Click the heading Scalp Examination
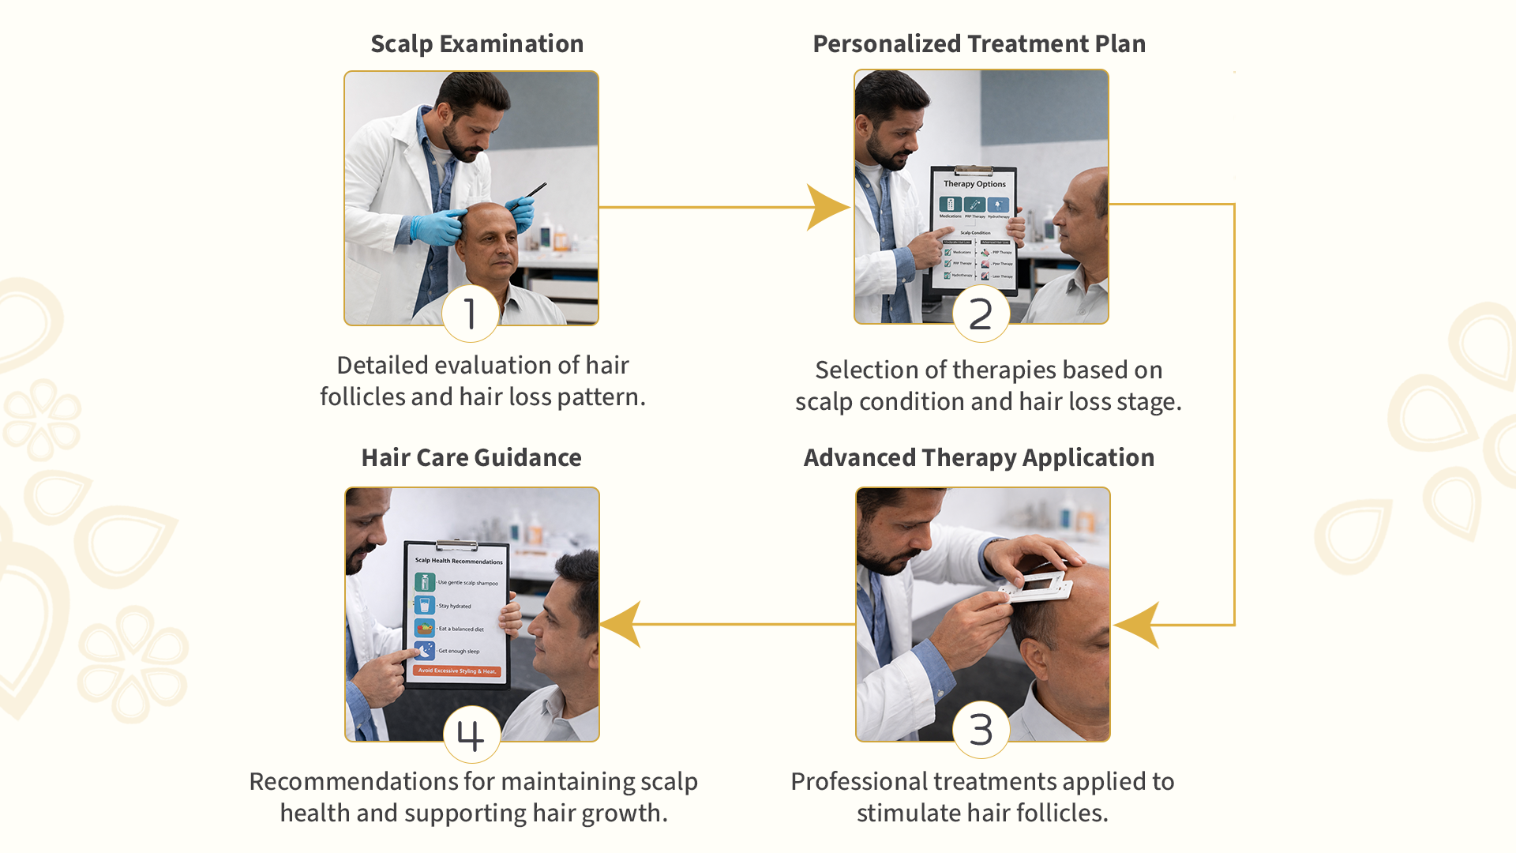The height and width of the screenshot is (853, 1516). [477, 44]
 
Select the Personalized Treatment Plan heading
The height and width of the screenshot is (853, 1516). [979, 44]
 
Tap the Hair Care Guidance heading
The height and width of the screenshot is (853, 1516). [471, 458]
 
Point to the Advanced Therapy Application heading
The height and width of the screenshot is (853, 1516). [979, 458]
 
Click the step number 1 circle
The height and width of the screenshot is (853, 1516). [471, 314]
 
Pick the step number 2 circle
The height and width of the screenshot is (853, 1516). [981, 314]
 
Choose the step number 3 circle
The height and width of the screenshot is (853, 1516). [981, 729]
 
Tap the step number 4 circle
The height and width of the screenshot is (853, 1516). [471, 735]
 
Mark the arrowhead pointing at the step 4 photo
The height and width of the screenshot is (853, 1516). [622, 624]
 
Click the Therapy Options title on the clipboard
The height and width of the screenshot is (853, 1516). [974, 184]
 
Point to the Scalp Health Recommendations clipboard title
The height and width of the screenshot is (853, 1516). [459, 561]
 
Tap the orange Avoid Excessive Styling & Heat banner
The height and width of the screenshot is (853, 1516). [457, 671]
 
